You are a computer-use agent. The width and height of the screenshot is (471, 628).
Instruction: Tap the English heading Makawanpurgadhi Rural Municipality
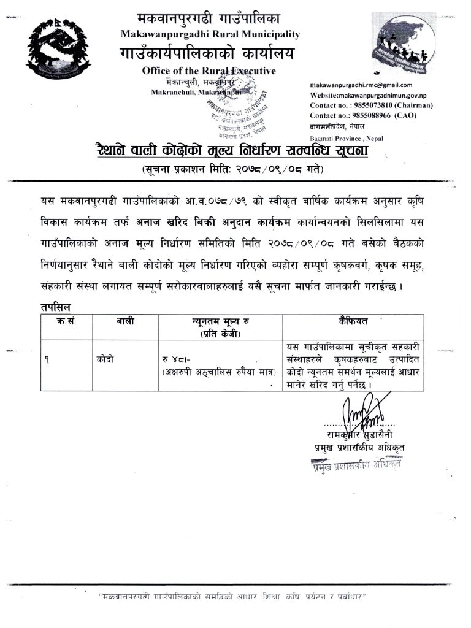point(210,34)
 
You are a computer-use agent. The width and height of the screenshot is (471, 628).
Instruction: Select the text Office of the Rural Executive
point(209,71)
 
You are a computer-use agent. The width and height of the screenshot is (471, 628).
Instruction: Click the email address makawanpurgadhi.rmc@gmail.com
point(361,85)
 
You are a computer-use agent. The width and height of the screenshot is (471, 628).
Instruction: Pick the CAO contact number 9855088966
point(366,115)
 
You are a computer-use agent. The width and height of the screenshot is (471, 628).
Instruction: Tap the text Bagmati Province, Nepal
point(347,139)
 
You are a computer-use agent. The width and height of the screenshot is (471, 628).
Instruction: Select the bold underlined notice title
point(231,150)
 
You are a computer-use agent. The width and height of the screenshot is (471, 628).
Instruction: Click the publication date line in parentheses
point(232,169)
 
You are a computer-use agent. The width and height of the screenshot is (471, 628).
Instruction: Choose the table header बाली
point(125,321)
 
